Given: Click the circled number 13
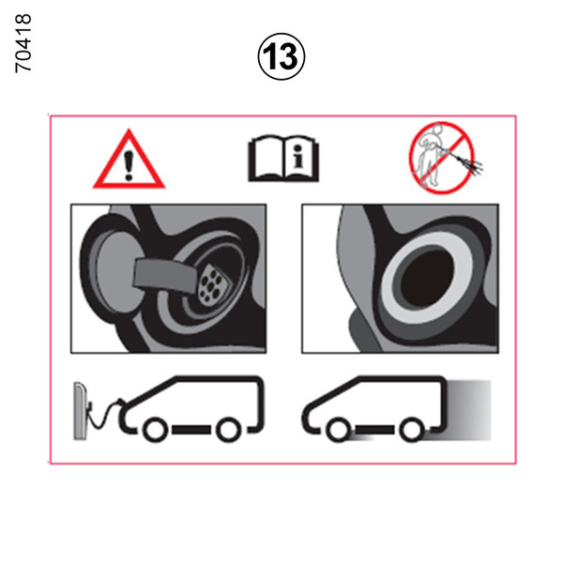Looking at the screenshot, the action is point(281,56).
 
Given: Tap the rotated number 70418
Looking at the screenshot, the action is point(23,43).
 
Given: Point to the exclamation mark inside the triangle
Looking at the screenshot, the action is point(129,165).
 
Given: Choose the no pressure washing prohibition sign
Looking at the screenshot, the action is point(442,158).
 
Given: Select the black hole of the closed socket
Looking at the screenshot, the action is point(427,279).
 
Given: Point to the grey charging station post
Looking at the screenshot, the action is point(81,410).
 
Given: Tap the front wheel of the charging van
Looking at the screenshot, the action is point(156,430).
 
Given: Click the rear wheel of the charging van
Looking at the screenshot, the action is point(228,430).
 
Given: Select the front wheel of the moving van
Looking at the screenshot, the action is point(339,430).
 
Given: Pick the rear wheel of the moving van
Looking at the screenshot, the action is point(412,430).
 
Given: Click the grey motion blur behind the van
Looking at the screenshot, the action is point(468,410).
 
